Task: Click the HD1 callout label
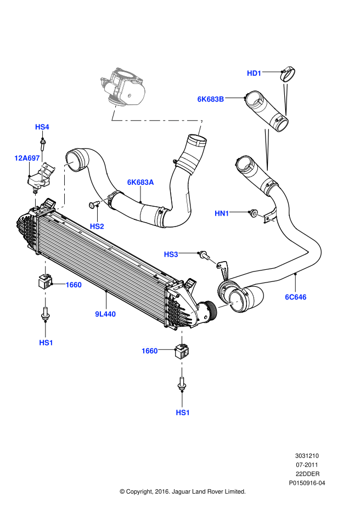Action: (x=255, y=73)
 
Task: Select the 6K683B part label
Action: (x=211, y=99)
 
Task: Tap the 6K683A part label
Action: (x=140, y=182)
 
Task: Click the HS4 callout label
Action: (x=42, y=127)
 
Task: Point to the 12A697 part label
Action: (x=27, y=158)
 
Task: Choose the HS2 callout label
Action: (x=97, y=225)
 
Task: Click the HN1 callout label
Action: (x=222, y=213)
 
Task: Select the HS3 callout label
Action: (x=171, y=255)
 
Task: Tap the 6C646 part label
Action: (x=295, y=297)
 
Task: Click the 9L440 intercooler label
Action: (x=105, y=314)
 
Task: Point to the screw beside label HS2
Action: (x=93, y=205)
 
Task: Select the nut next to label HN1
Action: (x=252, y=212)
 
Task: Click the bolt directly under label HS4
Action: (x=42, y=144)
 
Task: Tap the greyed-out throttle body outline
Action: (x=123, y=87)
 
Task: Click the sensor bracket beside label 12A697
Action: (x=42, y=174)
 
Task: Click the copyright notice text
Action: (x=182, y=491)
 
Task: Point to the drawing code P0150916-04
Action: (x=307, y=484)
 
